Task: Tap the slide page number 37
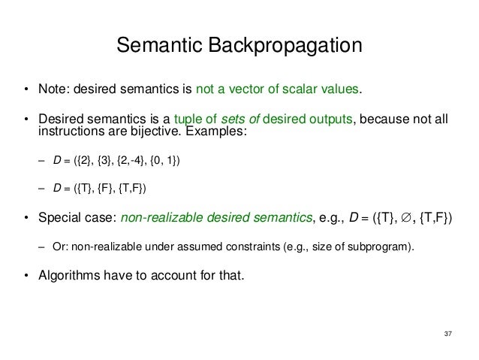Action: tap(449, 333)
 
